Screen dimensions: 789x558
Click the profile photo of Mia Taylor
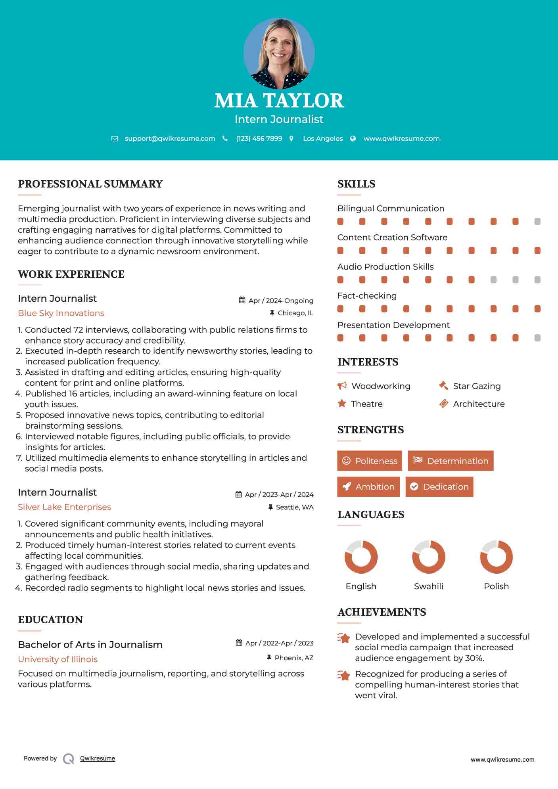(x=279, y=53)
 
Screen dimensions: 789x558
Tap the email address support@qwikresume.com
(x=170, y=138)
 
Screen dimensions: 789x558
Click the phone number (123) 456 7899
(x=259, y=138)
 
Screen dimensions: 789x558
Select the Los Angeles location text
(x=323, y=138)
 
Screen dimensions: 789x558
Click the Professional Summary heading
(x=90, y=184)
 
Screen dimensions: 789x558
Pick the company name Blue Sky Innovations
(x=61, y=313)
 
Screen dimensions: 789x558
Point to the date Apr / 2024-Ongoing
(x=280, y=301)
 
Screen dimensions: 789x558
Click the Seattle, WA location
(x=294, y=507)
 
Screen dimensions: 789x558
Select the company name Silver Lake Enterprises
(x=64, y=507)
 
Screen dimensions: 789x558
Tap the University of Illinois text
(x=58, y=659)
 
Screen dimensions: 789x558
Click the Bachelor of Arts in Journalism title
(x=90, y=645)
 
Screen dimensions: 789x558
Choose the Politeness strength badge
(x=370, y=461)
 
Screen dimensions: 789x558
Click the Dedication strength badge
(x=439, y=487)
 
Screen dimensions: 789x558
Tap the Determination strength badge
(x=451, y=461)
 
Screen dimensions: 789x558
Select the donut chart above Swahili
(x=429, y=557)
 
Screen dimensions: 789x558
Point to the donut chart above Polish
(x=497, y=557)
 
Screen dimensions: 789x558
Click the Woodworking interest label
(x=381, y=386)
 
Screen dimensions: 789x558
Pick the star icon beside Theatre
(x=342, y=404)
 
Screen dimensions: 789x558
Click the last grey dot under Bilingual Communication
(x=537, y=221)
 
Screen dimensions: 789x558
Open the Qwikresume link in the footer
(x=98, y=758)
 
